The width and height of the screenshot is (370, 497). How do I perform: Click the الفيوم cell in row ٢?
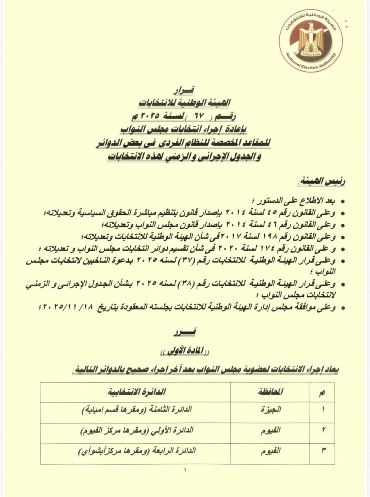click(x=270, y=430)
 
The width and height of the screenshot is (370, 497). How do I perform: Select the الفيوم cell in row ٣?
click(x=270, y=451)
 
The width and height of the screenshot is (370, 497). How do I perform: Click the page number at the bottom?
click(x=185, y=471)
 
